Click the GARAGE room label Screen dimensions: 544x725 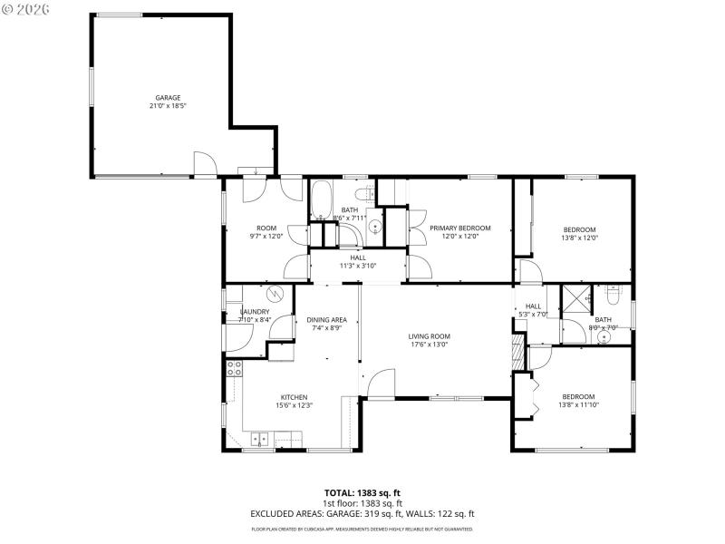tap(168, 97)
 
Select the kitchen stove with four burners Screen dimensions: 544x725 tap(234, 368)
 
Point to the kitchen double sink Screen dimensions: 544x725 tap(261, 441)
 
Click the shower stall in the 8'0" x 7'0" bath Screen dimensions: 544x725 tap(575, 299)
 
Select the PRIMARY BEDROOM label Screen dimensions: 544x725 tap(459, 228)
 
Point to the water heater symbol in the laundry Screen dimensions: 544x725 tap(276, 294)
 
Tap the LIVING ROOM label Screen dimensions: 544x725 tap(429, 335)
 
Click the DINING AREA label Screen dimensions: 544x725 tap(326, 319)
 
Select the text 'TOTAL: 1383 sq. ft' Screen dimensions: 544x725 tap(362, 492)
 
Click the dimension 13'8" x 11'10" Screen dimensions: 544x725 tap(578, 405)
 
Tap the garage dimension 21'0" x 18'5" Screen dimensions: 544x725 tap(168, 106)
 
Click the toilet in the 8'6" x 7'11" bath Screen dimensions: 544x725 tap(363, 195)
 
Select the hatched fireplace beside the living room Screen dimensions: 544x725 tap(518, 352)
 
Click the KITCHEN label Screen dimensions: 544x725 tap(294, 396)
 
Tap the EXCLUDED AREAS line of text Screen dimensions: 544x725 tap(362, 513)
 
